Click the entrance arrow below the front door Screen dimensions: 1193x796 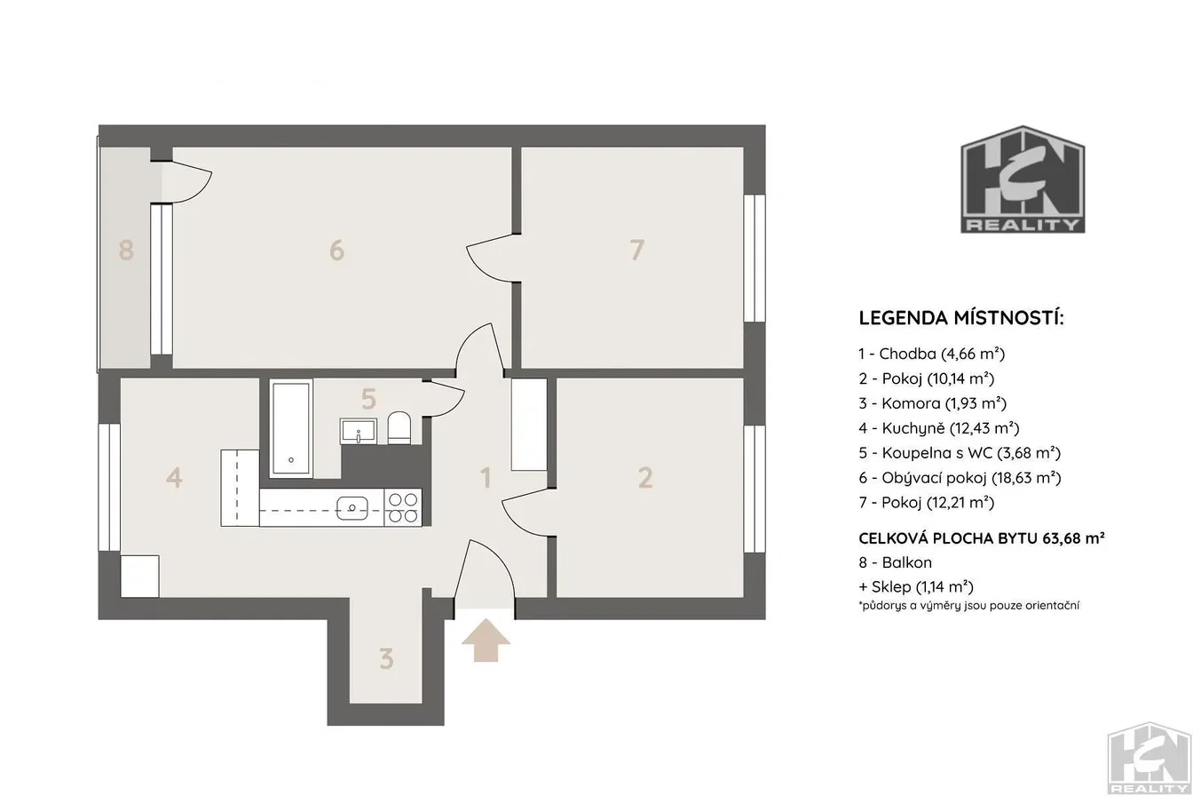pos(486,640)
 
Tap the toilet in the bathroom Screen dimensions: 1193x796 pos(399,427)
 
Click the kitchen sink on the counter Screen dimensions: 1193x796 pos(352,508)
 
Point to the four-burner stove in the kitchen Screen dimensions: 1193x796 pos(403,507)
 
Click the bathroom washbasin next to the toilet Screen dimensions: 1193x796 pos(359,432)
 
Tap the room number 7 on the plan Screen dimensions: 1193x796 pos(637,250)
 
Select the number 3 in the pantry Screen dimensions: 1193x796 pos(386,659)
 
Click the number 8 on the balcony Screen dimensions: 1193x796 pos(126,250)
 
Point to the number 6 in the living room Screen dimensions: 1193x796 pos(336,250)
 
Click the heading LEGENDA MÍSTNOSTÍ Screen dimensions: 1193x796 pos(961,318)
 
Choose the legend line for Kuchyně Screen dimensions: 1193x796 pos(939,427)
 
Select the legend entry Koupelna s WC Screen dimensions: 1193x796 pos(960,453)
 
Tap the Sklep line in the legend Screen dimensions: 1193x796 pos(916,587)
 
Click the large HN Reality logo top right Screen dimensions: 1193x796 pos(1023,179)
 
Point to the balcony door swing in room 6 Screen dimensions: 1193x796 pos(186,183)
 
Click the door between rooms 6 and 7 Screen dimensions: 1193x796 pos(494,258)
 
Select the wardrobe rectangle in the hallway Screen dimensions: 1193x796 pos(529,425)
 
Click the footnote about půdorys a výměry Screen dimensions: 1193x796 pos(968,606)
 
